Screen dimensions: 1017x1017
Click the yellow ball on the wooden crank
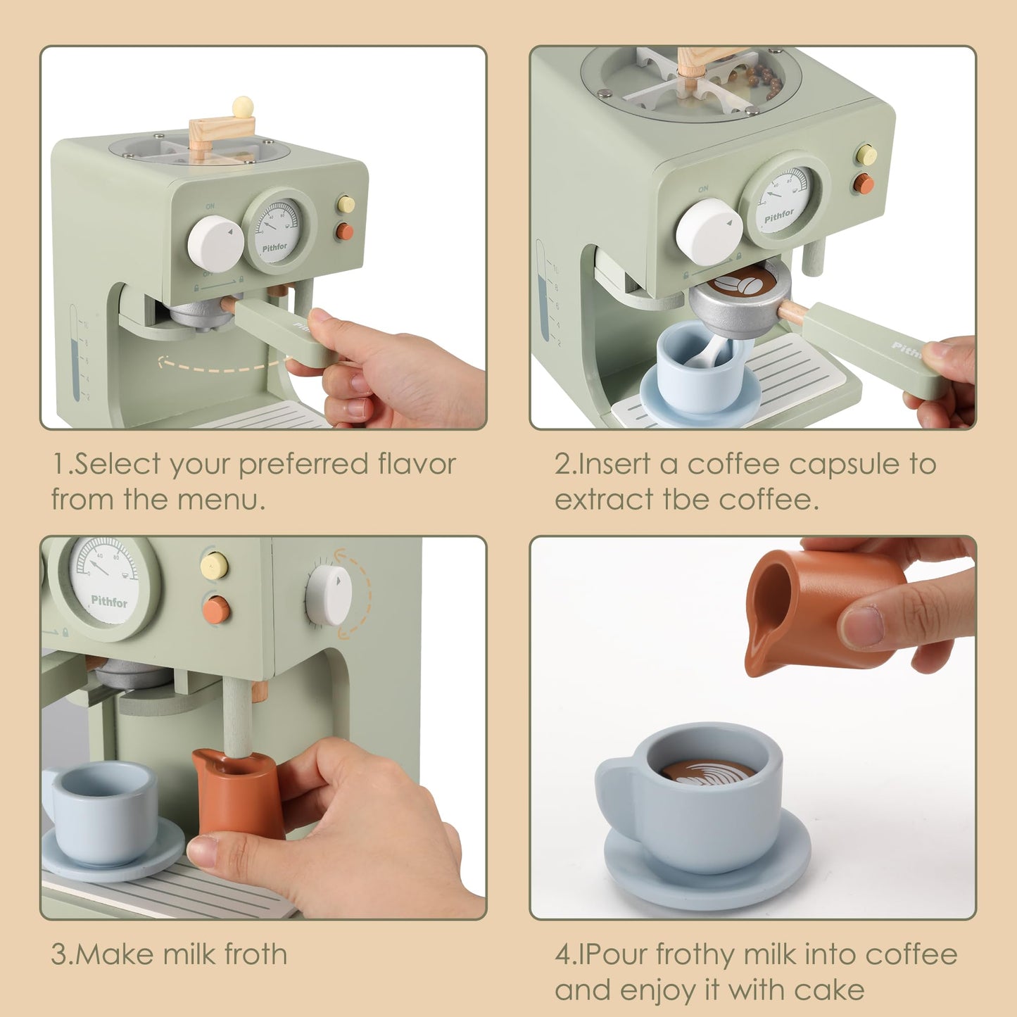coord(243,107)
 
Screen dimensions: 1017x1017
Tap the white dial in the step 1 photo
coord(215,243)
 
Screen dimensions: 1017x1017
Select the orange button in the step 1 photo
coord(344,231)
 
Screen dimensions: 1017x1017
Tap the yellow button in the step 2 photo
coord(866,155)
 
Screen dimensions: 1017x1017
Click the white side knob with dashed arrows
coord(329,595)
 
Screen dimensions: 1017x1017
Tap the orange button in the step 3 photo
coord(215,609)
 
